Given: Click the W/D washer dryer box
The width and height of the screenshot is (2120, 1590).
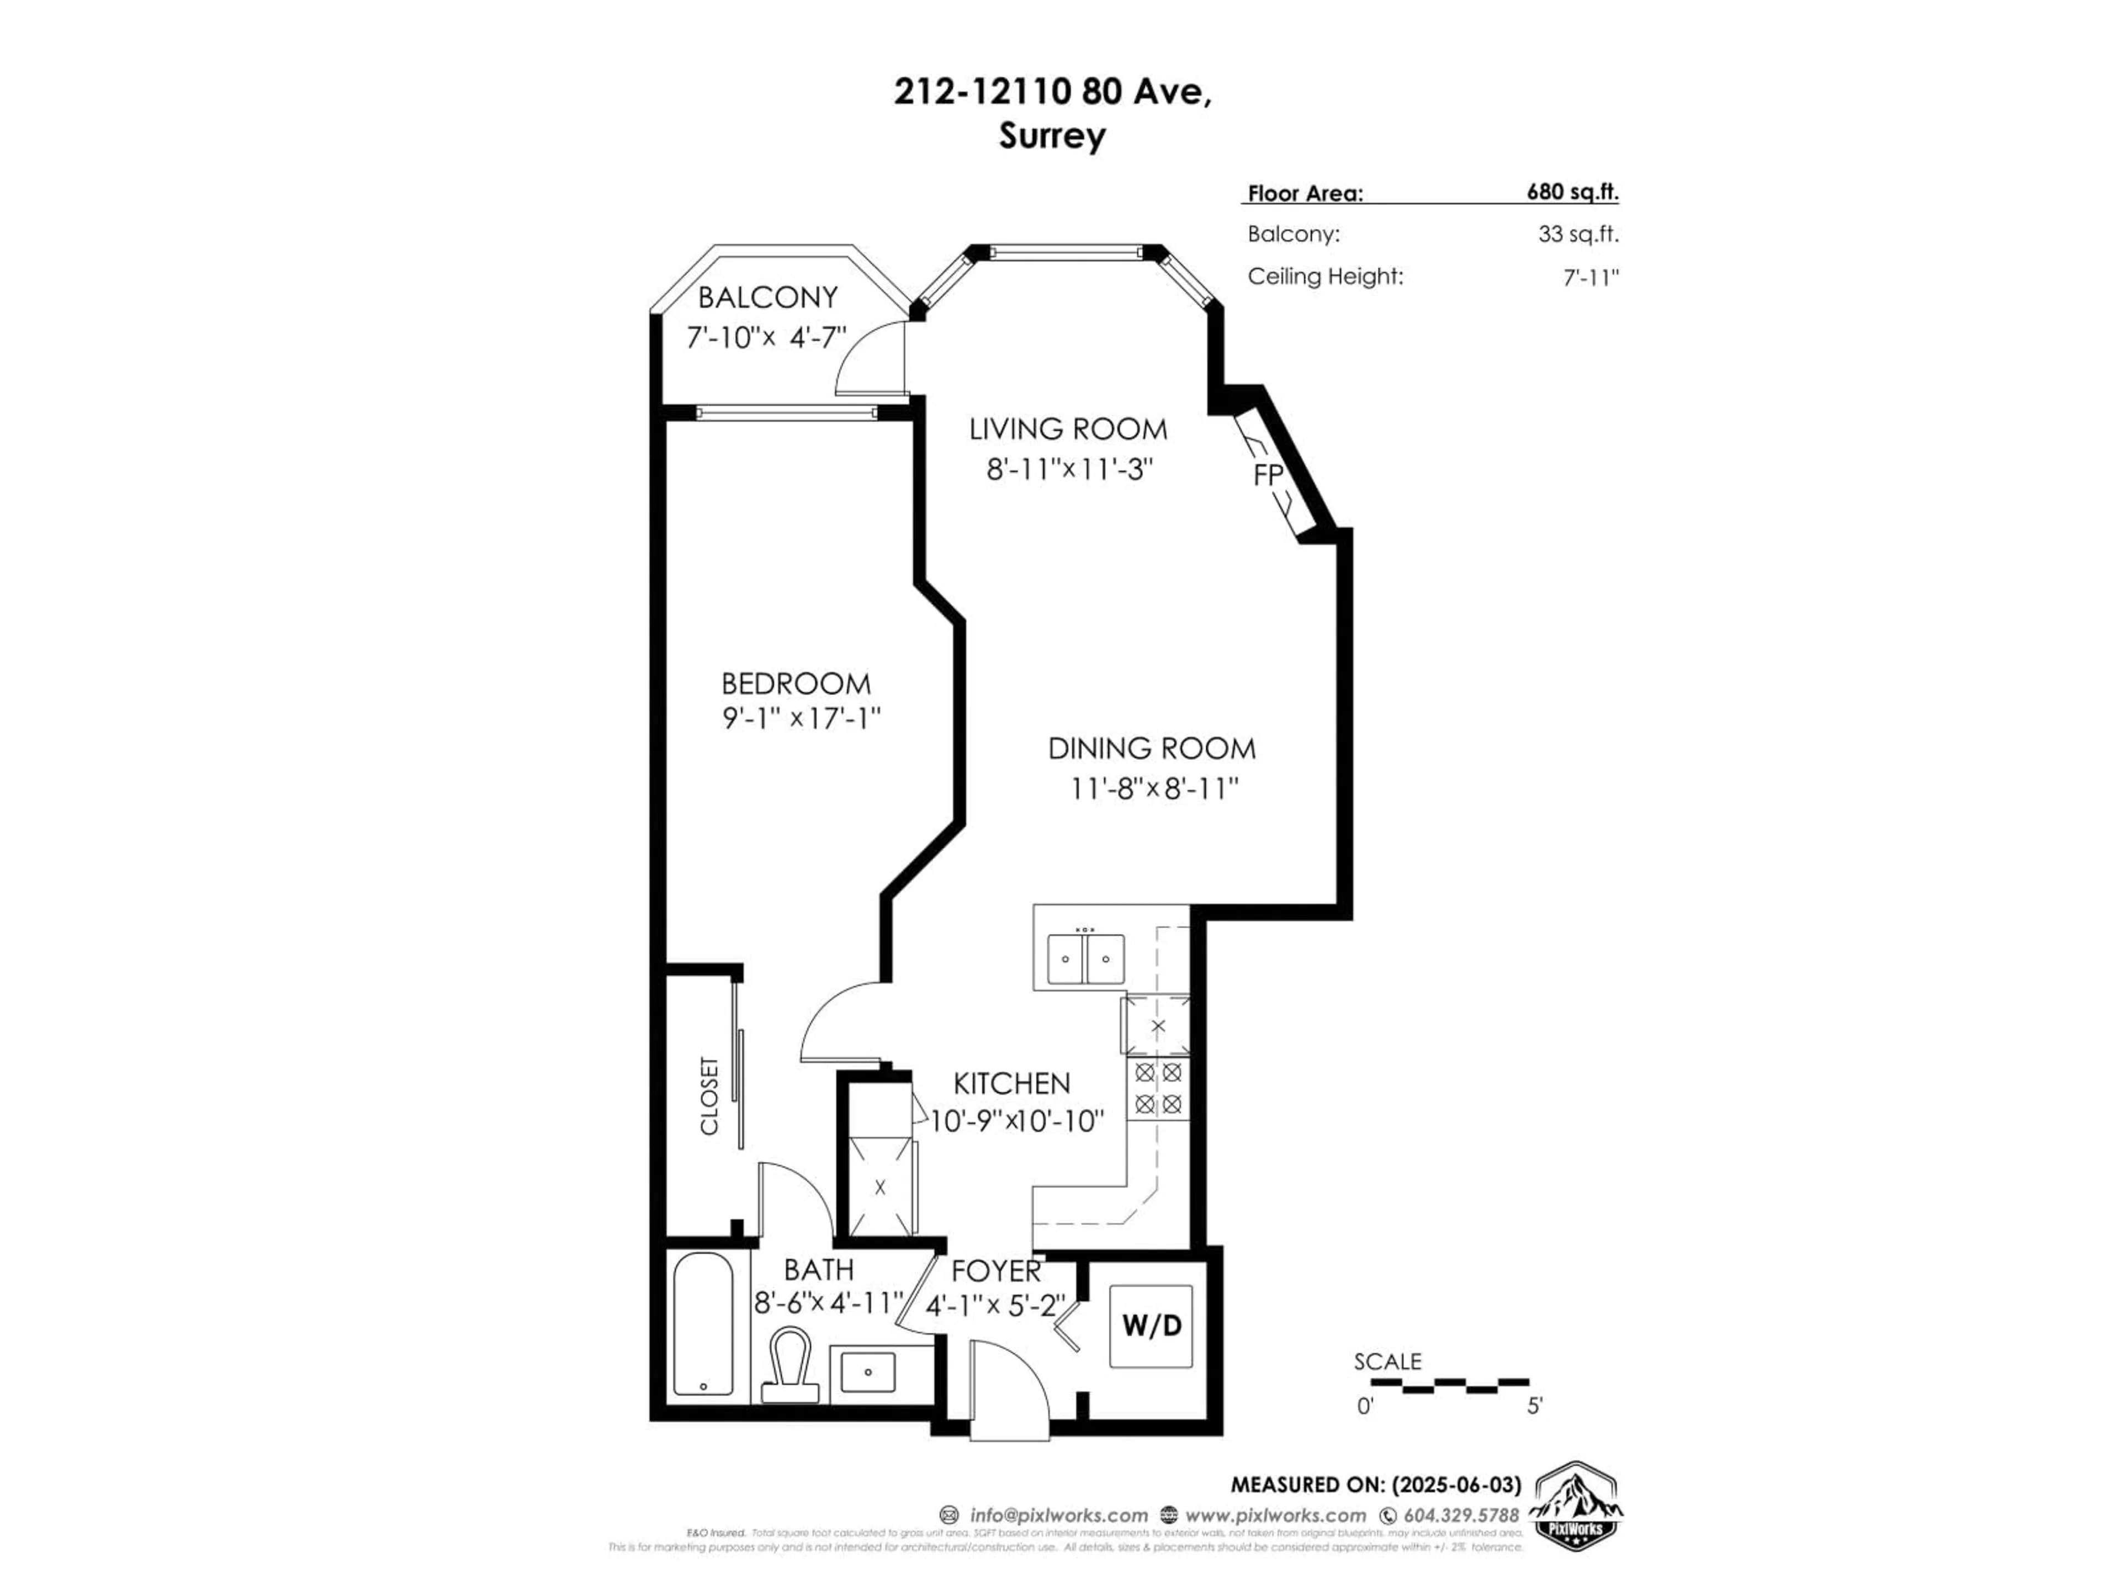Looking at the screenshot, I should coord(1151,1327).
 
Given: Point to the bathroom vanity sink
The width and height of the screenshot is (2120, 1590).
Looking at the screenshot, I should coord(868,1371).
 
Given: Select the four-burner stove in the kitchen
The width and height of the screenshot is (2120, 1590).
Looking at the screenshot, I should coord(1158,1089).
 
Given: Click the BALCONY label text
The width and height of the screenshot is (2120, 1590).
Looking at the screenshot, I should coord(768,298).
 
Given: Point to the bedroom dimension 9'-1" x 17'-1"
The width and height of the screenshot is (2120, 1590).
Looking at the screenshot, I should coord(801,719).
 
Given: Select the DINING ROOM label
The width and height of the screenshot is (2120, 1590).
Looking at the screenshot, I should coord(1151,749).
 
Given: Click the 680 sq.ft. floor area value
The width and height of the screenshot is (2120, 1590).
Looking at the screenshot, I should coord(1572,192).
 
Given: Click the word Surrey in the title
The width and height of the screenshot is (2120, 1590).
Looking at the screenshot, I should coord(1052,136).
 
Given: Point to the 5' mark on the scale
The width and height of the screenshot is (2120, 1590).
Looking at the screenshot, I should coord(1534,1406).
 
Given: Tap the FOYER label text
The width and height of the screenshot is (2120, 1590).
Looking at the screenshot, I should coord(996,1271).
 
